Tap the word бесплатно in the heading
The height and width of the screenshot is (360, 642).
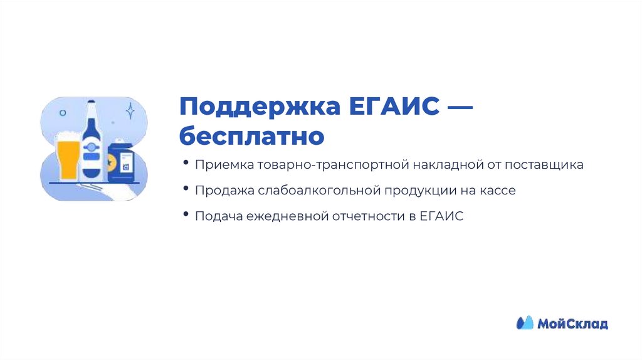click(x=251, y=135)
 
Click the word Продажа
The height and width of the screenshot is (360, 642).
click(x=221, y=191)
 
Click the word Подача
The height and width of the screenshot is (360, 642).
click(x=217, y=216)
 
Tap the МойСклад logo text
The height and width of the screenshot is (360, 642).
click(x=572, y=324)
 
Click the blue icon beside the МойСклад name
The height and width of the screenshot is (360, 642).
click(x=524, y=323)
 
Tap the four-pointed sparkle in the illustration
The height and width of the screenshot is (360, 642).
click(x=130, y=111)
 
